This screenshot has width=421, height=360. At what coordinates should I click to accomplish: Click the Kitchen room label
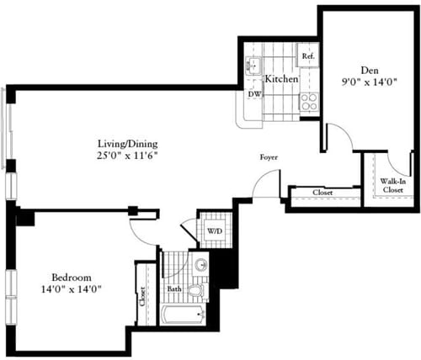click(281, 79)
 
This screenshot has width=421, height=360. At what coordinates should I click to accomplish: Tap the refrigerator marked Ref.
click(307, 57)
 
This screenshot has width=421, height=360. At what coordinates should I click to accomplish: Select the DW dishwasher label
click(253, 95)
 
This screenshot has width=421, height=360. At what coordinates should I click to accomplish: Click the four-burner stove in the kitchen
click(308, 101)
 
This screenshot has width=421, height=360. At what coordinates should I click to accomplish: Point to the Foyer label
click(269, 157)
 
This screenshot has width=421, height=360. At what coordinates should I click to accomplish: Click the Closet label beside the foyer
click(322, 193)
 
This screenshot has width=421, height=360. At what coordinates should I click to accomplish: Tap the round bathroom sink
click(200, 267)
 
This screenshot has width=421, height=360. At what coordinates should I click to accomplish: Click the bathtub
click(183, 316)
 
